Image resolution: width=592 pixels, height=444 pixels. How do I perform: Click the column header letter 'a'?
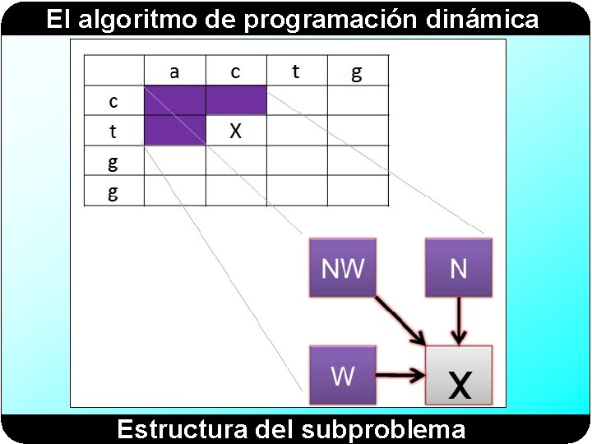coord(174,72)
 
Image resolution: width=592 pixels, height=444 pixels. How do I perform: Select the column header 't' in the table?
coord(296,72)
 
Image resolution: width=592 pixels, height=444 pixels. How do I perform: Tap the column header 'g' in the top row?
coord(357,72)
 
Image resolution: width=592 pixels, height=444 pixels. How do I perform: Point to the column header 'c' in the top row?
coord(235,72)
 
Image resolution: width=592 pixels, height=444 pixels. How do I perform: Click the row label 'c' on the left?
coord(113,101)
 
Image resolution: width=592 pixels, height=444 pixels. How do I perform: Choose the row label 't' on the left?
coord(113,131)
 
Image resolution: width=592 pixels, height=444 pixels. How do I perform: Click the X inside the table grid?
coord(235,131)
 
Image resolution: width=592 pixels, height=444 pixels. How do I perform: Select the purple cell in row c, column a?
coord(174,100)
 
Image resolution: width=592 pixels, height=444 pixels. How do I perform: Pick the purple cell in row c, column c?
coord(235,100)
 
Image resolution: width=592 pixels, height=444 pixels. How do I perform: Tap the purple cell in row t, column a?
coord(174,131)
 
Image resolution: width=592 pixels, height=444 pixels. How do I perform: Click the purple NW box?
coord(342,268)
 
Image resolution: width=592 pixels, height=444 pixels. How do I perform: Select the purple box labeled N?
coord(458,268)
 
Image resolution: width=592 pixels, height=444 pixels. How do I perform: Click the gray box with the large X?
coord(459,376)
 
